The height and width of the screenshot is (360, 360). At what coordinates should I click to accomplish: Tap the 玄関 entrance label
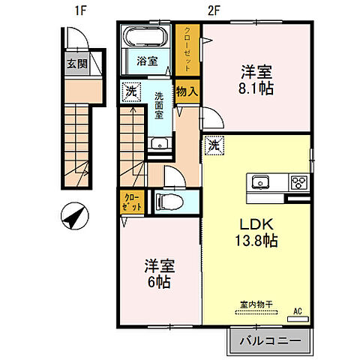[76, 64]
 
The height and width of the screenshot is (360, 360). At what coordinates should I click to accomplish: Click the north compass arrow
[73, 219]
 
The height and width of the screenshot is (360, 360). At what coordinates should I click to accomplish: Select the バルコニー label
[269, 341]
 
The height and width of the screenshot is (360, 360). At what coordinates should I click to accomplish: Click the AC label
[298, 310]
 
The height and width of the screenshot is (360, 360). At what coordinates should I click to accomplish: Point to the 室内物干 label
[256, 304]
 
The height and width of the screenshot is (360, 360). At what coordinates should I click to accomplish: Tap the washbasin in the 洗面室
[158, 145]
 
